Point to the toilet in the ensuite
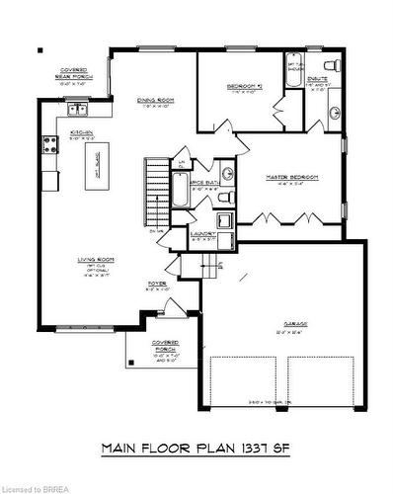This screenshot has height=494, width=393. (334, 64)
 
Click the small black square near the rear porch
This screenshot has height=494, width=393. (40, 50)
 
